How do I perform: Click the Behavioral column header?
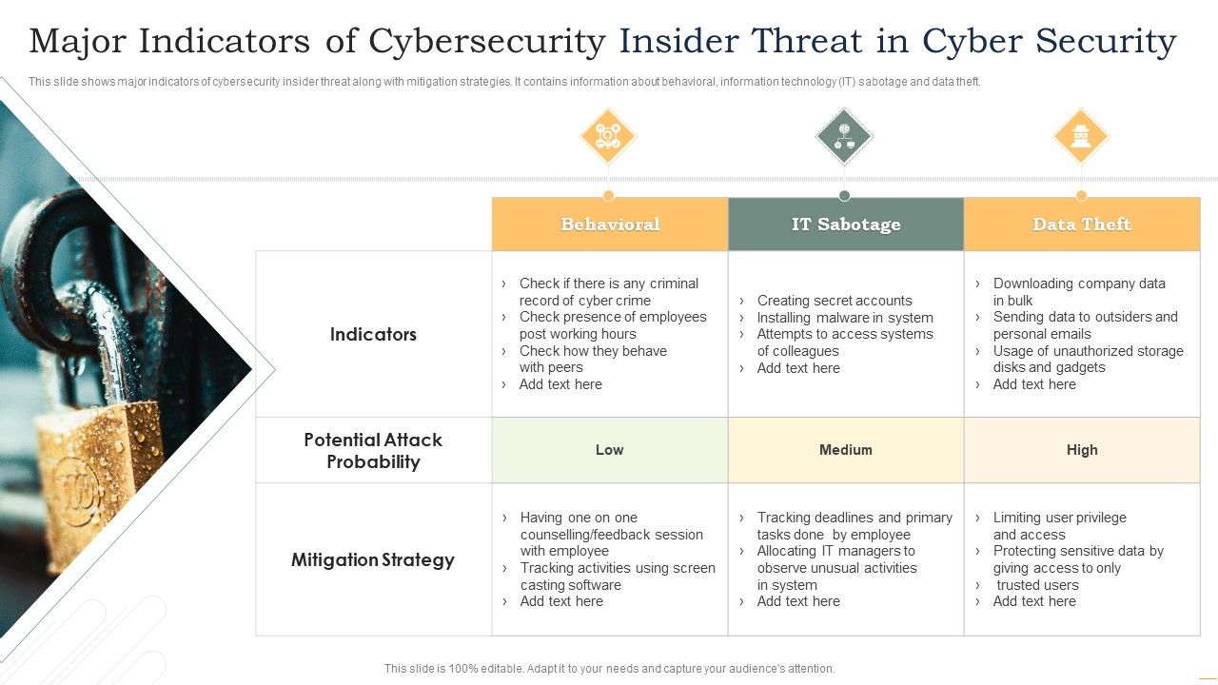[x=610, y=225]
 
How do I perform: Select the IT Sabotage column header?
[x=846, y=225]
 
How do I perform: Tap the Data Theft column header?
[x=1082, y=225]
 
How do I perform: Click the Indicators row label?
[x=373, y=334]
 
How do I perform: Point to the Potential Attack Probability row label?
[x=373, y=451]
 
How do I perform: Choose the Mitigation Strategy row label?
[x=373, y=559]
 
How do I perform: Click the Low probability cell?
[x=610, y=450]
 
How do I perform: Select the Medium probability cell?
[x=846, y=450]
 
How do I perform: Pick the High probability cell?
[x=1082, y=450]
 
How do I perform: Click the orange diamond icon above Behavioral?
[x=608, y=137]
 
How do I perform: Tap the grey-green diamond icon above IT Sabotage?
[x=844, y=137]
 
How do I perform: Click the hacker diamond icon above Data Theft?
[x=1081, y=137]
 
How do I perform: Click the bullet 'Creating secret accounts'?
[x=834, y=301]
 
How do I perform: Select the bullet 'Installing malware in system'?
[x=844, y=318]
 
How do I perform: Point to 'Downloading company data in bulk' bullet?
[x=1078, y=291]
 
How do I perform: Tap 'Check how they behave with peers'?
[x=592, y=359]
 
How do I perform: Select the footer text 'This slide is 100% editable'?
[x=609, y=669]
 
